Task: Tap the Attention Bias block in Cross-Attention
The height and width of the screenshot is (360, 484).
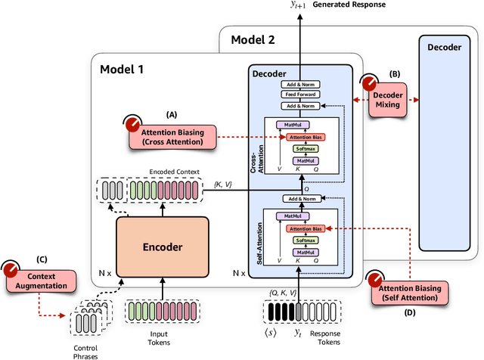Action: point(306,137)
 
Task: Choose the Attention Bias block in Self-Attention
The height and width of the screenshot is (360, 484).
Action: point(306,228)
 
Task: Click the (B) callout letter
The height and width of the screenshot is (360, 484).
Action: point(394,75)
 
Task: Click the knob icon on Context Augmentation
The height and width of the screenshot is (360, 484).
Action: point(11,270)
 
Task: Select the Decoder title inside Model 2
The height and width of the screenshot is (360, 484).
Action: point(445,46)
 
